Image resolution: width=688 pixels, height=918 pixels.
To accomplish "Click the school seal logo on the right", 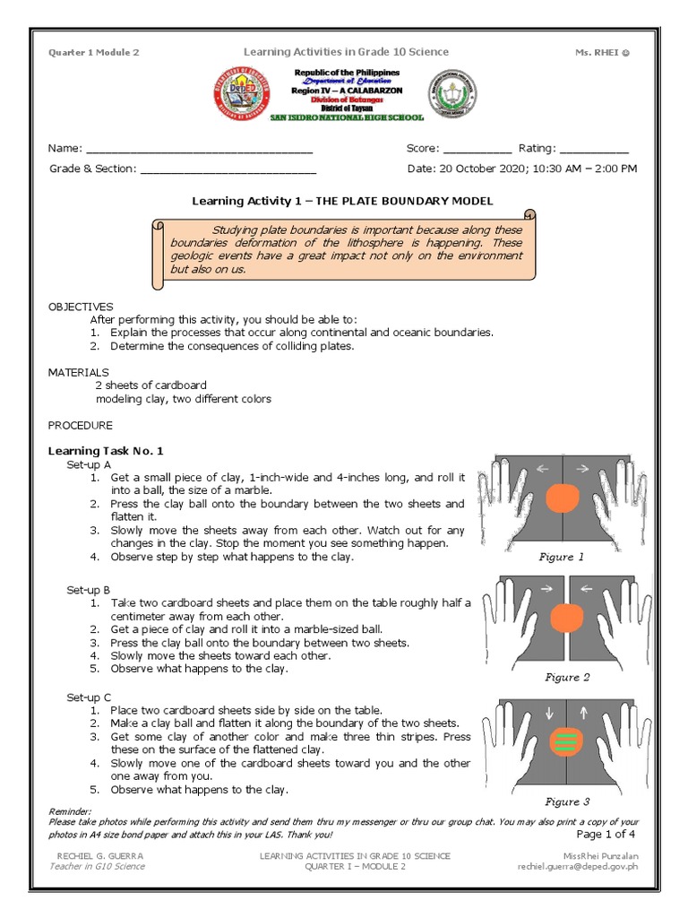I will pos(452,94).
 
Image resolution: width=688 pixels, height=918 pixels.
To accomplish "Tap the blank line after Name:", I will pos(198,149).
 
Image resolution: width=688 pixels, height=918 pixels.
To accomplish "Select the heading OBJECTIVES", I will pos(81,307).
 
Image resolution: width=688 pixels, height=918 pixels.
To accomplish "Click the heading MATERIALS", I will pos(78,372).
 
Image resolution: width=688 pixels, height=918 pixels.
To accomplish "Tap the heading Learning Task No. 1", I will pos(106,451).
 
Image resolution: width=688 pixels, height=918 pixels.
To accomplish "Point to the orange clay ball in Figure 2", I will pos(565,617).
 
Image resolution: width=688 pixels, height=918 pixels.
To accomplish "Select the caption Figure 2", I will pos(567,678).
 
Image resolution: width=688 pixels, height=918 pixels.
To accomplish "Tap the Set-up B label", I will pos(89,590).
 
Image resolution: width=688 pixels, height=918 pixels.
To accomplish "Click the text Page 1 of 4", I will pos(606,834).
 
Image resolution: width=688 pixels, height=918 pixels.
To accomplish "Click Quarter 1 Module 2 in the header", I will pos(93,53).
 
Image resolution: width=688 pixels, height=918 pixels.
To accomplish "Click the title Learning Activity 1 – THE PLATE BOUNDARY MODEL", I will pos(342,201).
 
